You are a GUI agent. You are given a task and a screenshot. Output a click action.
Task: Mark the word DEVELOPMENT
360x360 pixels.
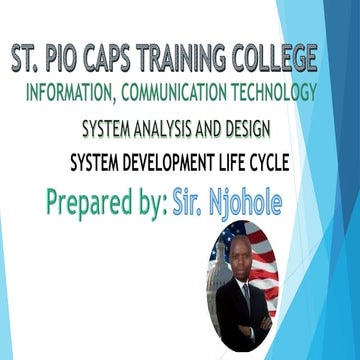pos(184,165)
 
